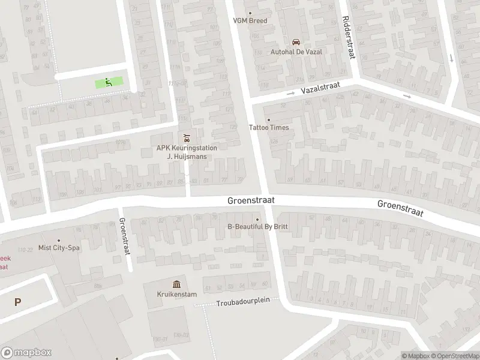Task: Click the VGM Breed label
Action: coord(250,20)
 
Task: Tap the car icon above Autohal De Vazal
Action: coord(295,42)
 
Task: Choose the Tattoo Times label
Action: coord(269,128)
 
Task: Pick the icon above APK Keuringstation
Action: coord(186,136)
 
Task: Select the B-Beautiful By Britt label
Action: coord(258,227)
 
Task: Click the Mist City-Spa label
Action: coord(59,247)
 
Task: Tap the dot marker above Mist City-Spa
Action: coord(59,240)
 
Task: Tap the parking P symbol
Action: coord(18,302)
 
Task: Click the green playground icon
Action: coord(109,82)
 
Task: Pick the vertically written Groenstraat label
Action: coord(125,236)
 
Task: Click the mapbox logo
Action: coord(26,353)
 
